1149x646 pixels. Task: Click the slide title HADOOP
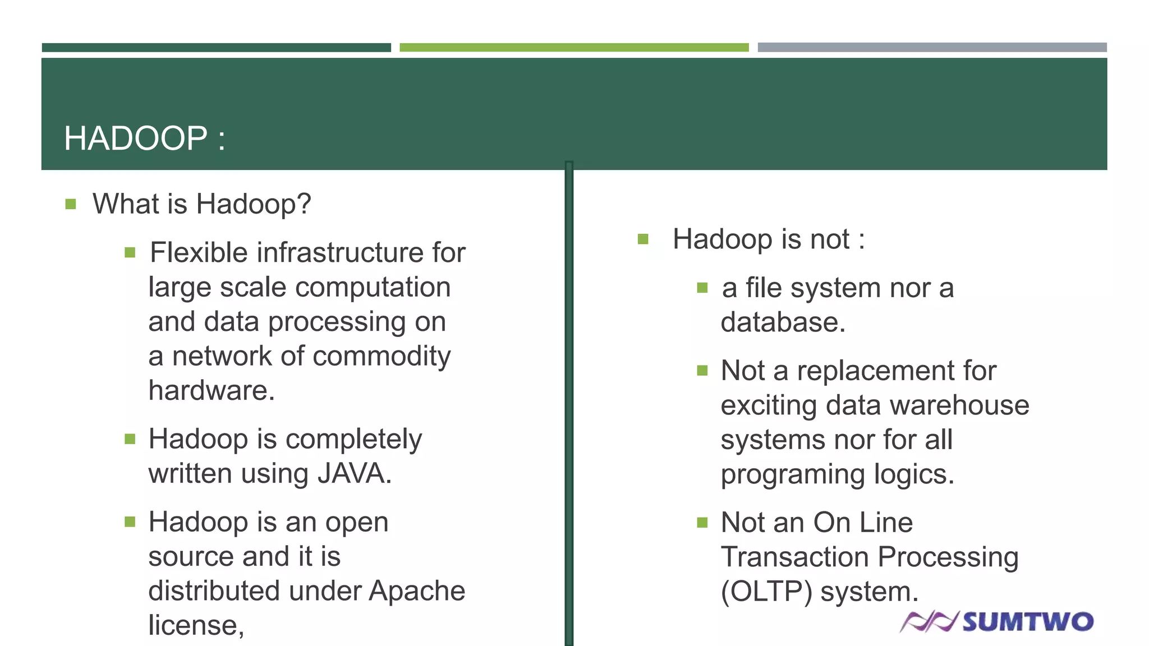point(135,139)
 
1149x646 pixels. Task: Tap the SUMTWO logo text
point(1028,622)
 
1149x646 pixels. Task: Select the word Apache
point(417,590)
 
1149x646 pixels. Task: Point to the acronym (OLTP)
point(766,592)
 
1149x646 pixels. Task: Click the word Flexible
point(199,252)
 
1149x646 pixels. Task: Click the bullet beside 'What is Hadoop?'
point(71,204)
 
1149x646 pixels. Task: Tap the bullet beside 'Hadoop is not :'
point(643,240)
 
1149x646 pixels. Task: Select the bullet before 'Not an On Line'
point(702,523)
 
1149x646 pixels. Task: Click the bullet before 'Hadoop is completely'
point(130,439)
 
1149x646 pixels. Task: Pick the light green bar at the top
point(573,48)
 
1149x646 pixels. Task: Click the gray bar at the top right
point(932,48)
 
